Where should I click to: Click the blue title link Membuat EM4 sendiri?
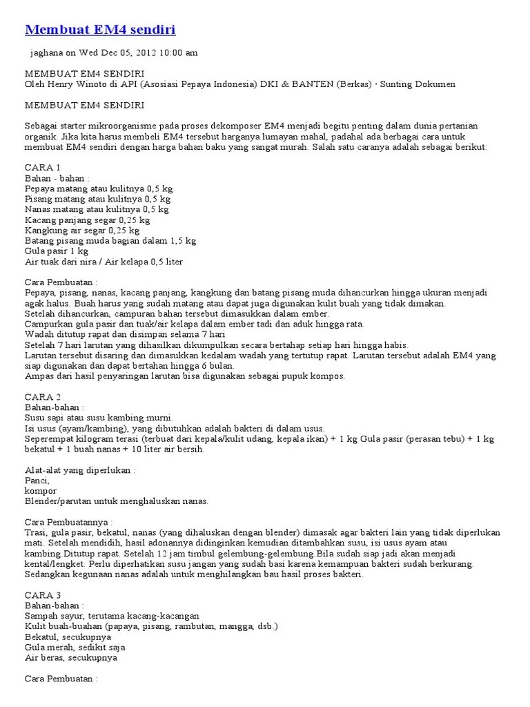click(x=100, y=30)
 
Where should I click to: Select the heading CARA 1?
click(x=43, y=168)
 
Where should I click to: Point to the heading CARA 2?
click(x=43, y=397)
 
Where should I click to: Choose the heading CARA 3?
click(x=43, y=595)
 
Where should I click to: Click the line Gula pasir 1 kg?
click(x=57, y=251)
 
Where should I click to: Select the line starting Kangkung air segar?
click(x=82, y=231)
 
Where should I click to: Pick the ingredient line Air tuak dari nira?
click(x=104, y=262)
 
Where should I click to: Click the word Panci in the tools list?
click(x=37, y=481)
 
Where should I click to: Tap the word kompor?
click(x=40, y=490)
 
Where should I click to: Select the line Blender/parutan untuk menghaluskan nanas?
click(x=116, y=501)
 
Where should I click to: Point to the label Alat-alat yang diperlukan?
click(x=80, y=470)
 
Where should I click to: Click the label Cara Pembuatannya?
click(x=68, y=522)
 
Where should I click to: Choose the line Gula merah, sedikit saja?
click(x=75, y=648)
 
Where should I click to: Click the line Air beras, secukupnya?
click(x=71, y=658)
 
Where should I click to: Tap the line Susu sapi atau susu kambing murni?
click(x=99, y=418)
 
